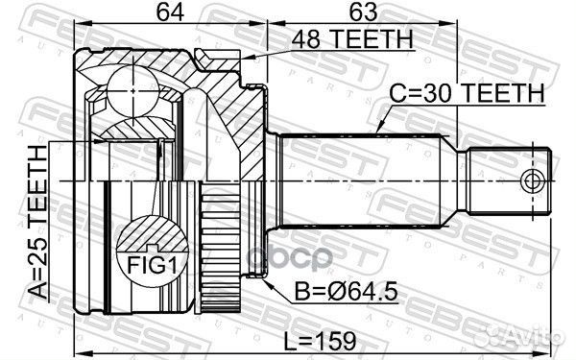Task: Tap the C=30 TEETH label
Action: point(467,94)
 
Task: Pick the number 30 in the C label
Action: point(443,94)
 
